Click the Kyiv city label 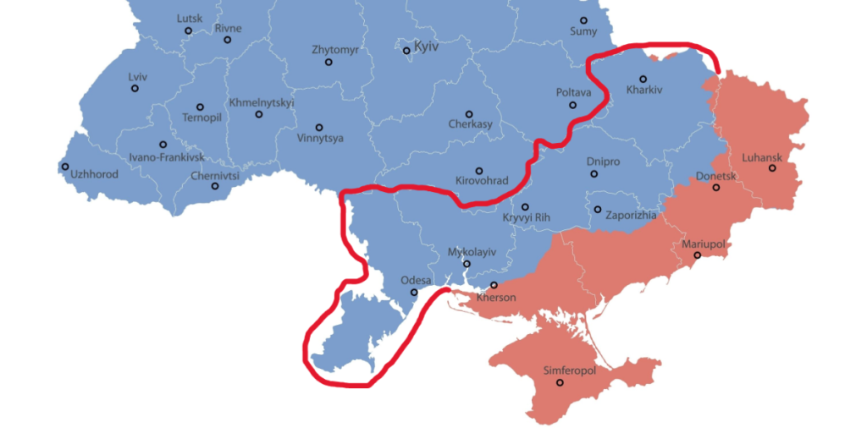point(426,47)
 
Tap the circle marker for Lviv point(135,88)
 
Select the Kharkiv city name point(644,90)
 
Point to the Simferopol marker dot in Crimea point(561,383)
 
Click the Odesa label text point(416,281)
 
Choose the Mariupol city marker point(698,255)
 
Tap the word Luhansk point(760,157)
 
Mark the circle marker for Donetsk point(716,187)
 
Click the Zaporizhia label point(631,216)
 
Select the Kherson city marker point(494,285)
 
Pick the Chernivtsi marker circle point(215,186)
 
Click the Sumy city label point(583,31)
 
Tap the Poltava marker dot point(573,105)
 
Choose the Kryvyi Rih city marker point(525,206)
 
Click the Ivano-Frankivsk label point(166,157)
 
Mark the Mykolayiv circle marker point(467,264)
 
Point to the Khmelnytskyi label point(262,102)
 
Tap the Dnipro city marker point(594,173)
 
